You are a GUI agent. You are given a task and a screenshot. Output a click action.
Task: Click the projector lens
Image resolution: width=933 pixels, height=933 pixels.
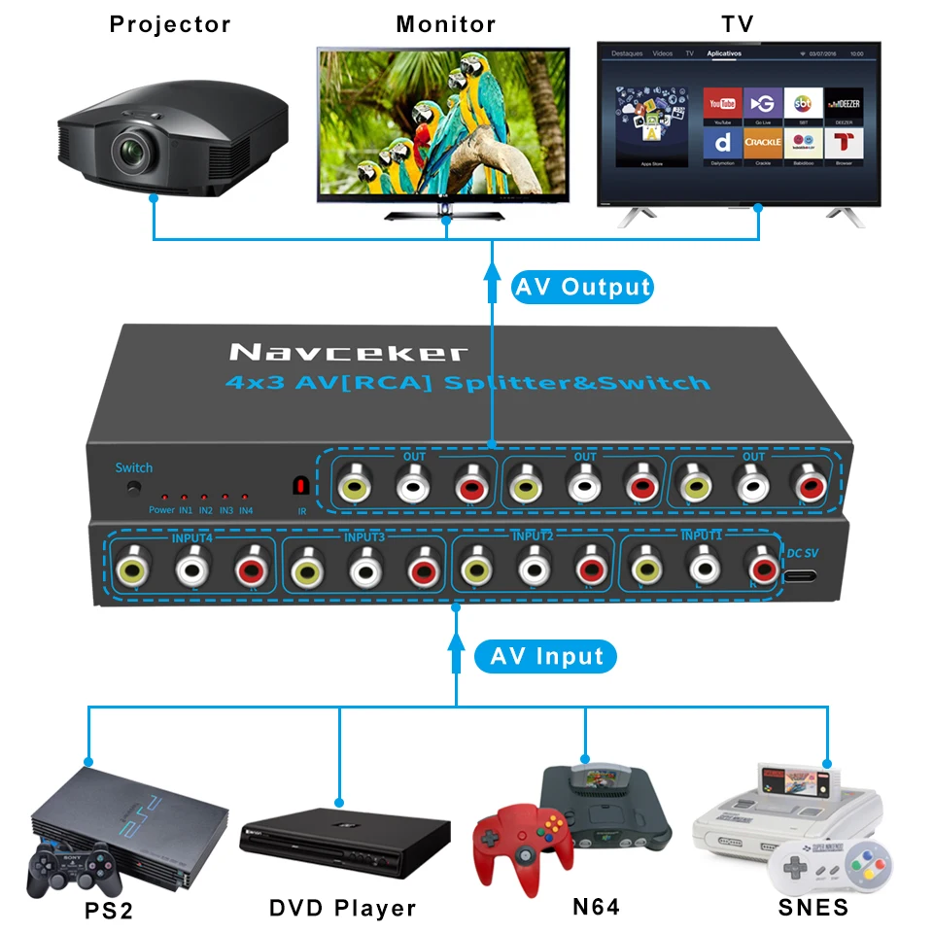pos(130,150)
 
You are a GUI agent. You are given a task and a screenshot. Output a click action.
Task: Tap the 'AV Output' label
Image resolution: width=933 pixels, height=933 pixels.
pos(581,287)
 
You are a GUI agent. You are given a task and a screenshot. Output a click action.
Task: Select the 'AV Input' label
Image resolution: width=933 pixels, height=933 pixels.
pos(545,657)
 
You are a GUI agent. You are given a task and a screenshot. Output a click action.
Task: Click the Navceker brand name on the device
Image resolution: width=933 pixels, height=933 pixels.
pos(348,352)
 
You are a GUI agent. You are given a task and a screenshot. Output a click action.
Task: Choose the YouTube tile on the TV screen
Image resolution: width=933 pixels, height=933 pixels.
pos(722,105)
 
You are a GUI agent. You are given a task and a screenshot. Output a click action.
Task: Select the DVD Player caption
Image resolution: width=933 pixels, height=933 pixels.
pos(342,909)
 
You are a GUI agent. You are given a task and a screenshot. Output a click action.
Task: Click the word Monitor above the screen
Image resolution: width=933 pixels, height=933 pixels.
pos(445,24)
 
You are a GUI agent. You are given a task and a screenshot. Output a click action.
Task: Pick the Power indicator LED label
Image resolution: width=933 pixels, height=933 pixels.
pos(162,509)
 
